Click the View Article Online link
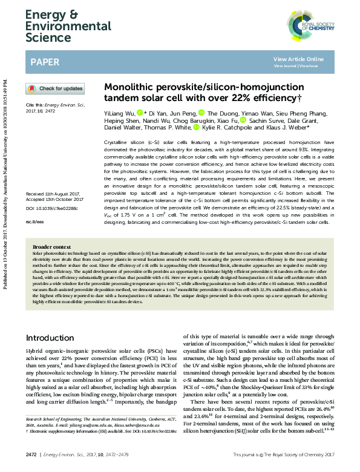click(298, 59)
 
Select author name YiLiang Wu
click(119, 113)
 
